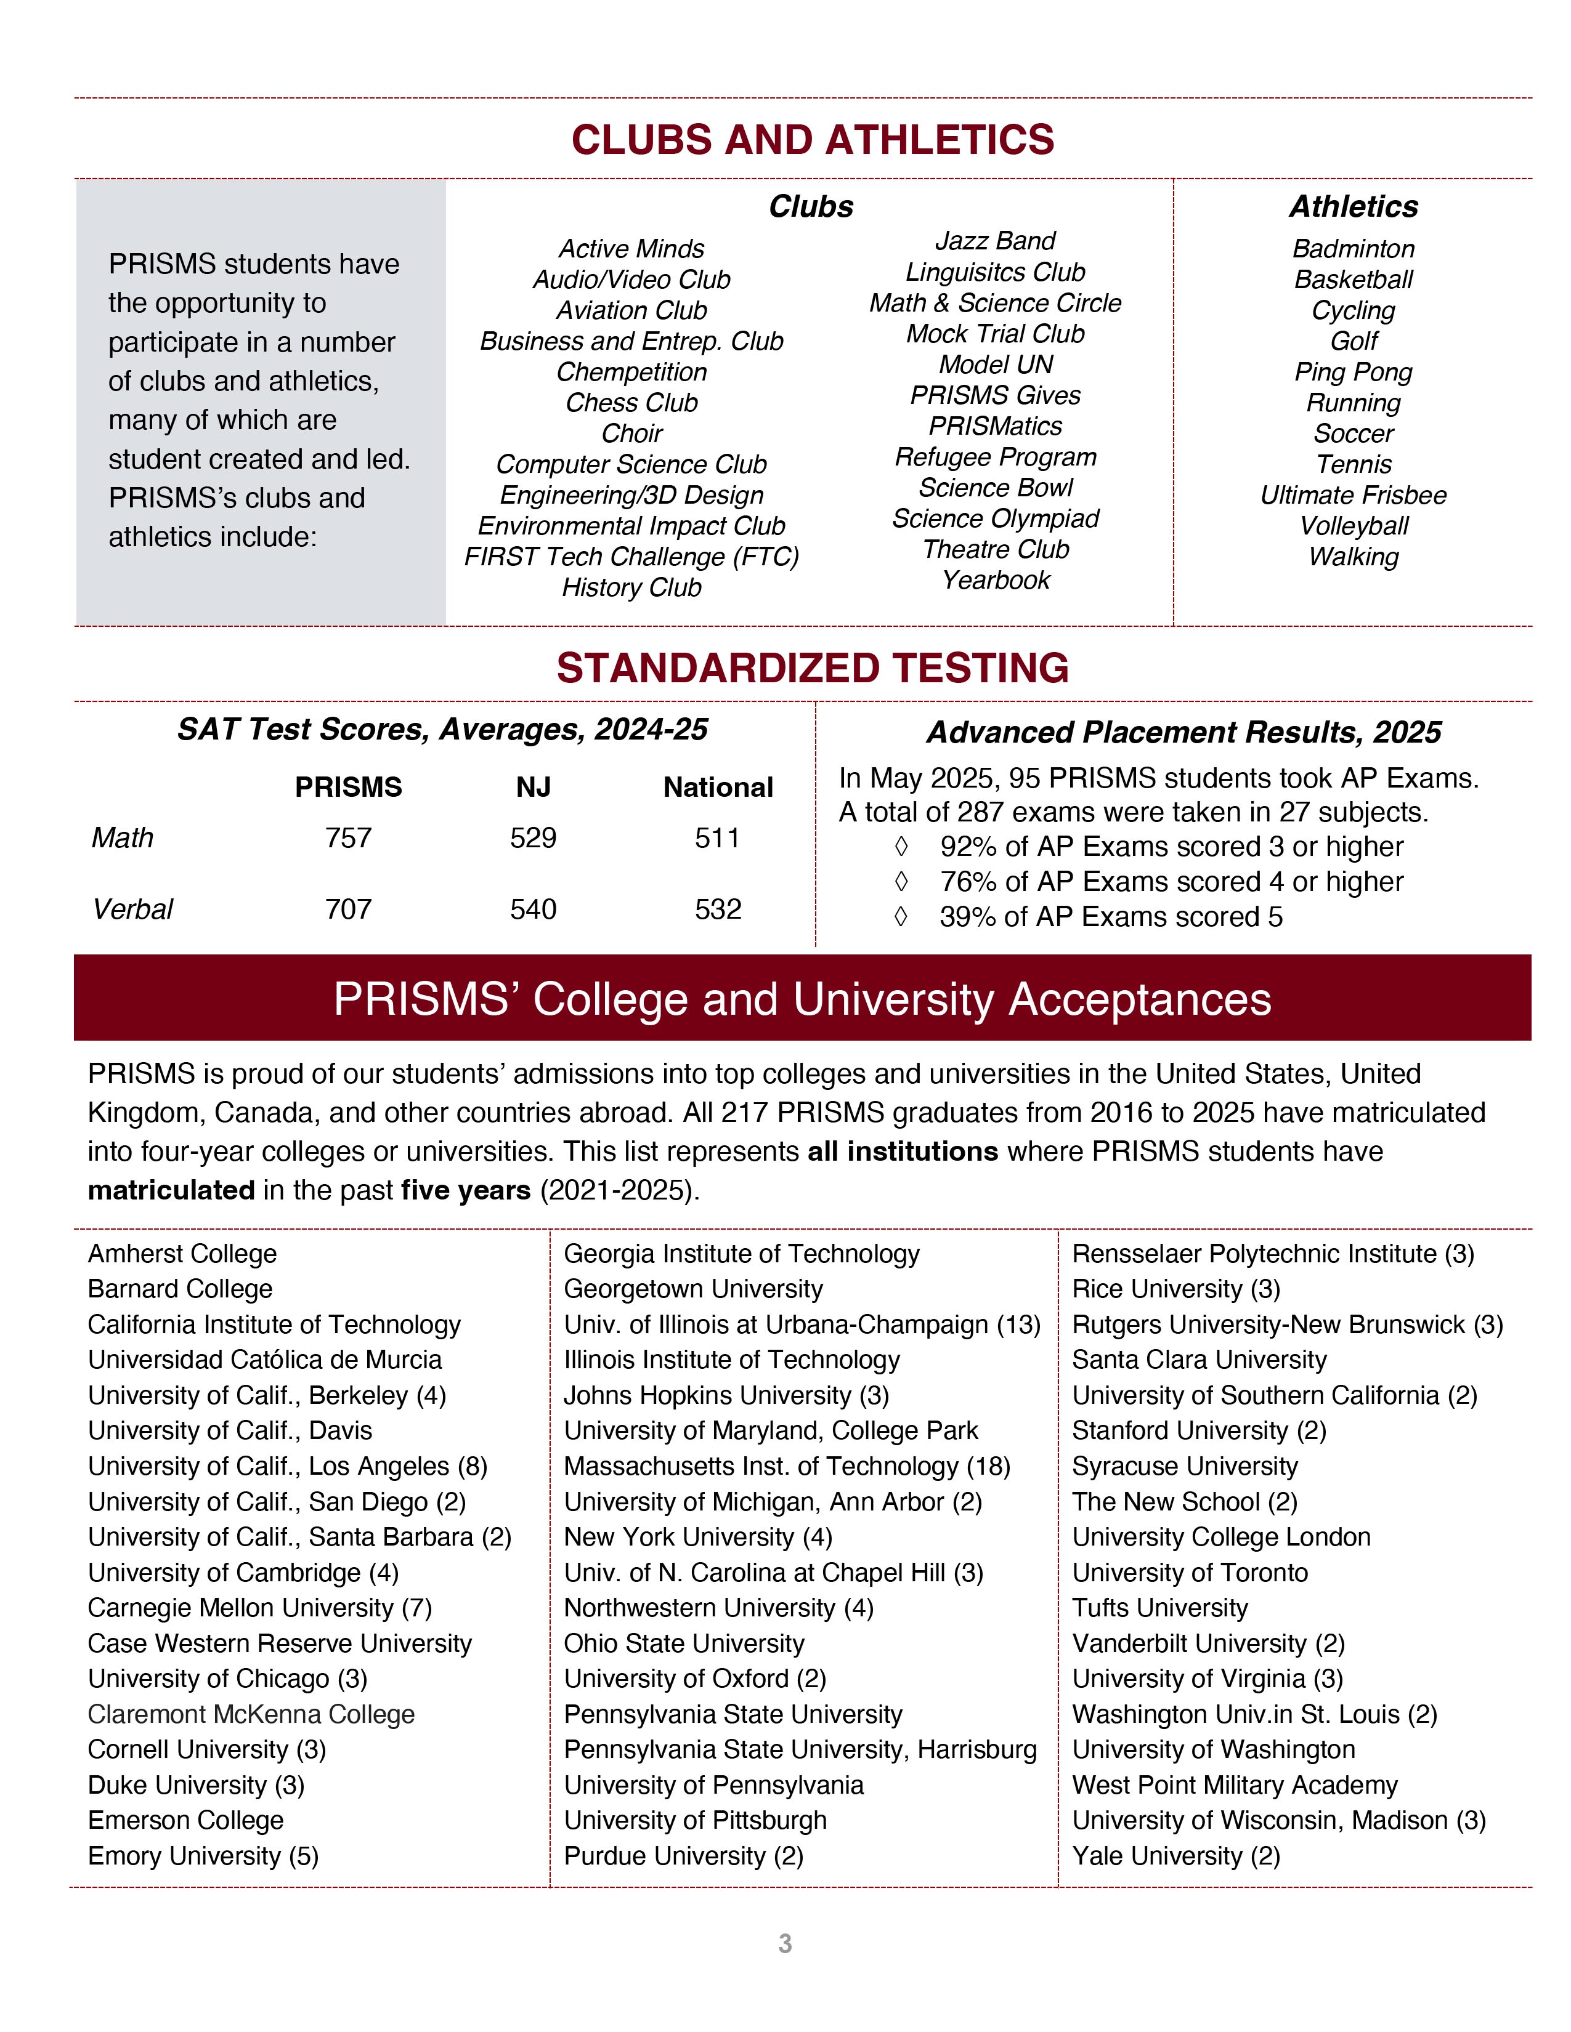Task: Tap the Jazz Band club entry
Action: click(x=995, y=241)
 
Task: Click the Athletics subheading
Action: click(x=1354, y=206)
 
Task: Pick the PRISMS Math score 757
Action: click(x=348, y=838)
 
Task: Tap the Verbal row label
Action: click(x=132, y=909)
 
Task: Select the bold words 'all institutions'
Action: click(x=902, y=1152)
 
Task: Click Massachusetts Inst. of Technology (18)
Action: click(x=787, y=1466)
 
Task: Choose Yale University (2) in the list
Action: click(x=1175, y=1856)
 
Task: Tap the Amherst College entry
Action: click(x=182, y=1254)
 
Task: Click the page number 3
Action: click(x=784, y=1943)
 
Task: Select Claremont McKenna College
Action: click(x=251, y=1715)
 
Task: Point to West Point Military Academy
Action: click(x=1234, y=1786)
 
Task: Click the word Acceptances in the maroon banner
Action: click(x=1139, y=999)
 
